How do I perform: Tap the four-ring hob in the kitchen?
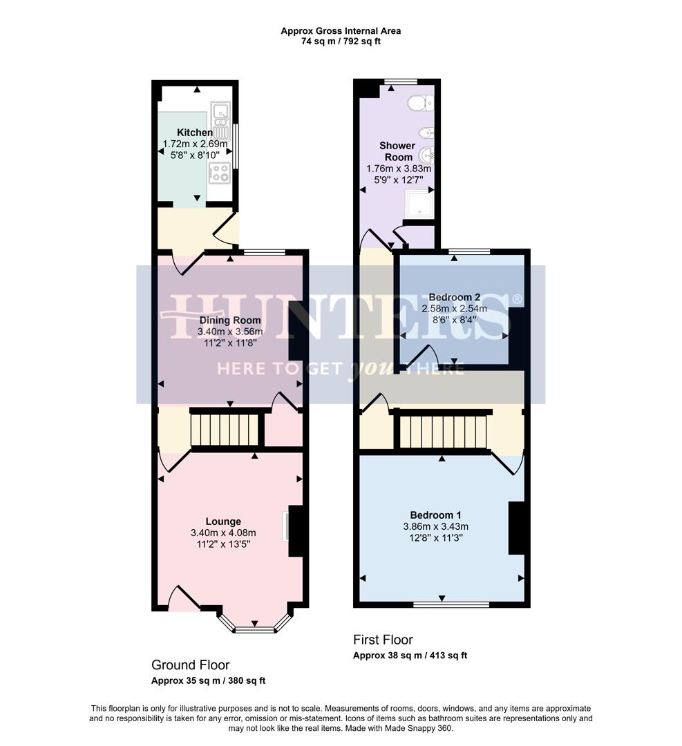click(x=220, y=173)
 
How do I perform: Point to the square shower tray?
click(x=418, y=204)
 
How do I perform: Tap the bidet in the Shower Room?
click(x=427, y=132)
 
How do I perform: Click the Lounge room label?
click(x=223, y=522)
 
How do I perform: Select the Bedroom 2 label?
click(x=454, y=298)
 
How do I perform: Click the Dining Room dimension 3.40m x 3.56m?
click(x=230, y=331)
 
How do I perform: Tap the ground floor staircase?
click(x=225, y=430)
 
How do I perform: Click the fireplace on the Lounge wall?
click(x=294, y=530)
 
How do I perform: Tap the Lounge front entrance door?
click(x=183, y=598)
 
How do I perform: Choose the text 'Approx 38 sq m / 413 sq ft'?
click(x=410, y=656)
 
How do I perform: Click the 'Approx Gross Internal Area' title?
click(x=340, y=30)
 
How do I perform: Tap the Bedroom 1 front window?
click(x=451, y=605)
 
